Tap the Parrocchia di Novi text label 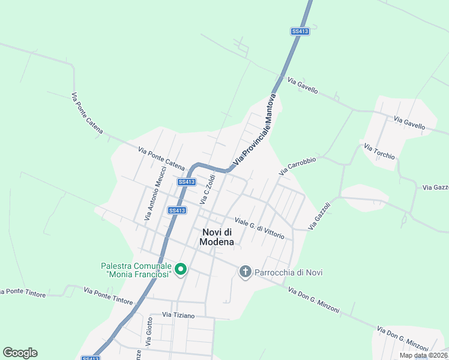289,272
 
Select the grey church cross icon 245,272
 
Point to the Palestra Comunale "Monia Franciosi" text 137,270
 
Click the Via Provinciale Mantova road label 254,130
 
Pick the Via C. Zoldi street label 207,188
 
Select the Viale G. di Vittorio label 259,229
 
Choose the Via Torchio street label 379,151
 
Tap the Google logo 20,353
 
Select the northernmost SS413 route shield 300,31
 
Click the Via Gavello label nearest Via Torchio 409,124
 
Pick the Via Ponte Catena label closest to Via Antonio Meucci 161,158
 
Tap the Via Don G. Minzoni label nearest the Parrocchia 313,301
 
